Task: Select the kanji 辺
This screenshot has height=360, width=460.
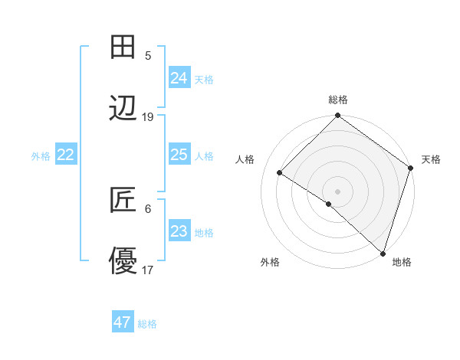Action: coord(123,110)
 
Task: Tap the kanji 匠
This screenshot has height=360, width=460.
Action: coord(123,200)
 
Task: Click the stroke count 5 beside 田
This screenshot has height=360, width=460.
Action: coord(148,55)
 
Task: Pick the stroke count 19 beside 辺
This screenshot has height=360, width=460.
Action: coord(148,117)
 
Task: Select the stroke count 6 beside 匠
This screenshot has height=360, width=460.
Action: coord(148,208)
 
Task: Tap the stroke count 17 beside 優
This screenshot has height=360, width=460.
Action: coord(148,270)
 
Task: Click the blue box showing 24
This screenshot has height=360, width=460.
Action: coord(179,77)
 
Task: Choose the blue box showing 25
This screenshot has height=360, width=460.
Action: coord(179,155)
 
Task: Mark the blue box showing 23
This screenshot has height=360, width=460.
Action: coord(179,231)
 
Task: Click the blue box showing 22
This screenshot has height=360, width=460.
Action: coord(66,155)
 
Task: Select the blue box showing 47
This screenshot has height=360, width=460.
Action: coord(123,322)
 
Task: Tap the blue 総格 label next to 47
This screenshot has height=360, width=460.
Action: coord(147,324)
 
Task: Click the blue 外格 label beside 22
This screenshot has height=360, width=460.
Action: coord(41,156)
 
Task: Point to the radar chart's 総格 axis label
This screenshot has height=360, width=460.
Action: coord(338,100)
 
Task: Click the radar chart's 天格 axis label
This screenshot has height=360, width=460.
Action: coord(431,159)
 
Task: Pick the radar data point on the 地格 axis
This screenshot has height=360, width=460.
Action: coord(383,252)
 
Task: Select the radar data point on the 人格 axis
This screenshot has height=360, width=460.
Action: coord(280,172)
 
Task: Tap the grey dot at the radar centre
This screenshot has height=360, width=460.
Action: coord(337,191)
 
